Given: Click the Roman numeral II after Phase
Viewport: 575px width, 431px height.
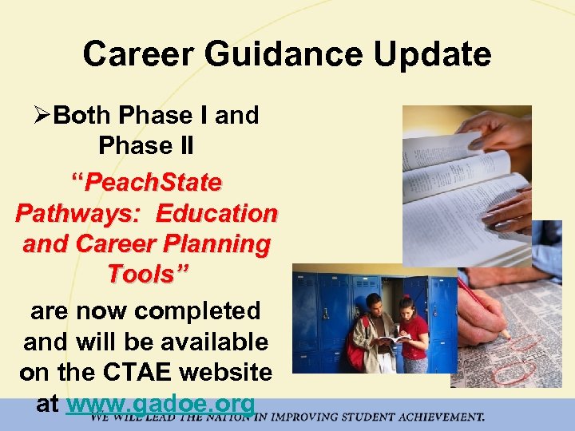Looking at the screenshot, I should coord(183,146).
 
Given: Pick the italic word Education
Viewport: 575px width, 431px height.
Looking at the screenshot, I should coord(217,214).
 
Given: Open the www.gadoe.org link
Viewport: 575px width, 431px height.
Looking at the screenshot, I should coord(161,404).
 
